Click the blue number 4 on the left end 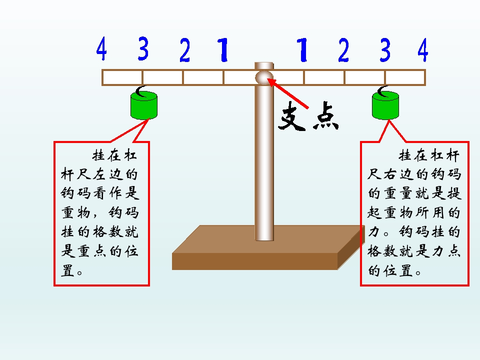click(101, 48)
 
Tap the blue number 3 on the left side click(143, 48)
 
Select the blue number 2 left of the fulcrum click(184, 50)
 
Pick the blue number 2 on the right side click(343, 50)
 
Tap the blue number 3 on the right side click(385, 50)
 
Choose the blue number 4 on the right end click(423, 50)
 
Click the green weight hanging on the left click(144, 105)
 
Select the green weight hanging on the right click(385, 105)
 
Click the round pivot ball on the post click(264, 77)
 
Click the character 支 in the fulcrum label click(292, 116)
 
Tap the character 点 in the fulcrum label click(325, 116)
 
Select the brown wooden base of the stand click(268, 247)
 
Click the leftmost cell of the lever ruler click(122, 77)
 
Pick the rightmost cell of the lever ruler click(405, 77)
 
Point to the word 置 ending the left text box click(67, 270)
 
